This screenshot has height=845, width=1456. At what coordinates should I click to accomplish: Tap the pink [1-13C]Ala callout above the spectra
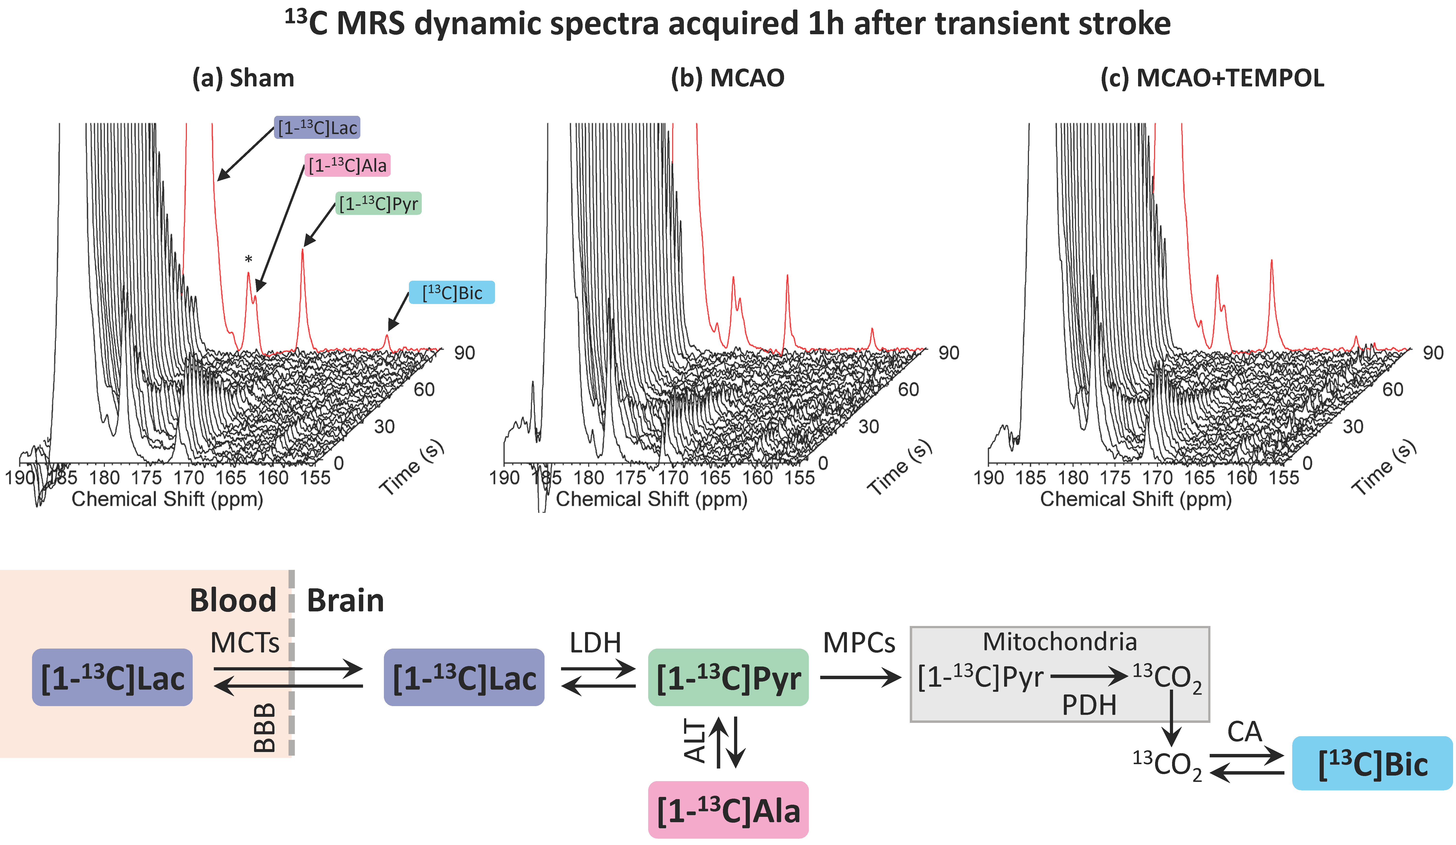click(347, 165)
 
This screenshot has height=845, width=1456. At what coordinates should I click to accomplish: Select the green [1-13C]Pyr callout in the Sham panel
click(379, 203)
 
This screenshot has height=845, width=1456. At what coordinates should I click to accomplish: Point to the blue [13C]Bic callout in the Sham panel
click(452, 292)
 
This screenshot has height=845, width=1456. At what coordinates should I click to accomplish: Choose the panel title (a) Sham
click(243, 78)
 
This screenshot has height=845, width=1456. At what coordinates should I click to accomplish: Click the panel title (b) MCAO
click(728, 78)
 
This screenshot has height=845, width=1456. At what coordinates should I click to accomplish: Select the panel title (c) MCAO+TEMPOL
click(1212, 78)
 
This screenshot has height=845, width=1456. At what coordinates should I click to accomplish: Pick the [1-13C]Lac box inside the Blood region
click(112, 677)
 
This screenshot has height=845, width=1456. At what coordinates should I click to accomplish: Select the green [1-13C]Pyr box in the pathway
click(728, 677)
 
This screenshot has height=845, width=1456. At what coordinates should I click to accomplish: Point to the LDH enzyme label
click(595, 643)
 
